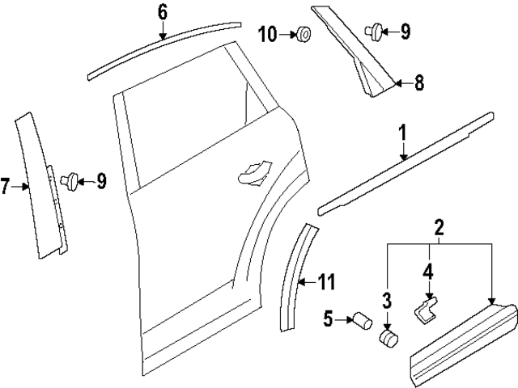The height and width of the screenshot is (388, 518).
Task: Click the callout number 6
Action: click(162, 11)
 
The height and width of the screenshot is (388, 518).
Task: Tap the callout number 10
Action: click(268, 33)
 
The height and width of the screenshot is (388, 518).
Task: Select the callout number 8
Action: click(419, 82)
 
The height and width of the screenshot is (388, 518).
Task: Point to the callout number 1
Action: click(402, 133)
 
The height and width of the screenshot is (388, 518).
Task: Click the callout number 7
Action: click(6, 188)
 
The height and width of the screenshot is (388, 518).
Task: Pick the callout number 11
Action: click(325, 282)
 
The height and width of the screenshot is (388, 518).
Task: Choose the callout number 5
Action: click(328, 319)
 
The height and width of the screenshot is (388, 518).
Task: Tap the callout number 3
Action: click(386, 302)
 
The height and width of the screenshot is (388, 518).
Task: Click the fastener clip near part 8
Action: click(374, 32)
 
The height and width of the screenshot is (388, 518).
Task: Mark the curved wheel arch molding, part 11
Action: click(295, 275)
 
